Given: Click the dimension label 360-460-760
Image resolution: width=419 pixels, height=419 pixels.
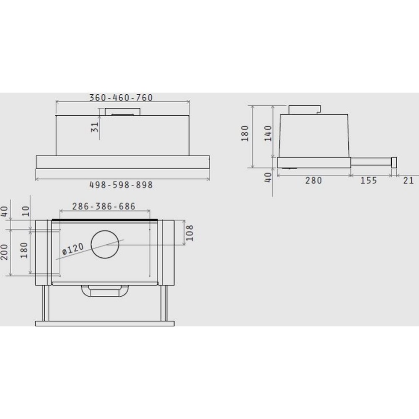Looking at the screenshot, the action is [x=121, y=98].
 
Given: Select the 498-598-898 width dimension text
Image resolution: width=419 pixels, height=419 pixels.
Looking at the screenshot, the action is [x=121, y=185].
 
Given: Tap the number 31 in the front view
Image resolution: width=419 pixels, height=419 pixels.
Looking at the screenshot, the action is [x=95, y=127].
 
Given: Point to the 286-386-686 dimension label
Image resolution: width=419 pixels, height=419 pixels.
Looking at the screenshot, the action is [x=103, y=206].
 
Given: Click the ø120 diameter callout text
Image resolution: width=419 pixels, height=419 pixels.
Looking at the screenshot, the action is [x=72, y=249].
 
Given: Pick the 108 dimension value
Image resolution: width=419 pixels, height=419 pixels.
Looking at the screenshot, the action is [x=189, y=233].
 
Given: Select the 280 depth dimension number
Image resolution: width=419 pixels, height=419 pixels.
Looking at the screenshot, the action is [x=313, y=181].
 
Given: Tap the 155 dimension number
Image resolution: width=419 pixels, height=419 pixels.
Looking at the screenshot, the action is [x=368, y=181].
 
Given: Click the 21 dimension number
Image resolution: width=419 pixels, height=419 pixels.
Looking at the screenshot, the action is [x=408, y=181].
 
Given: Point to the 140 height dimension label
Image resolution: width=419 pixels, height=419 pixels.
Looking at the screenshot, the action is [x=268, y=133].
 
